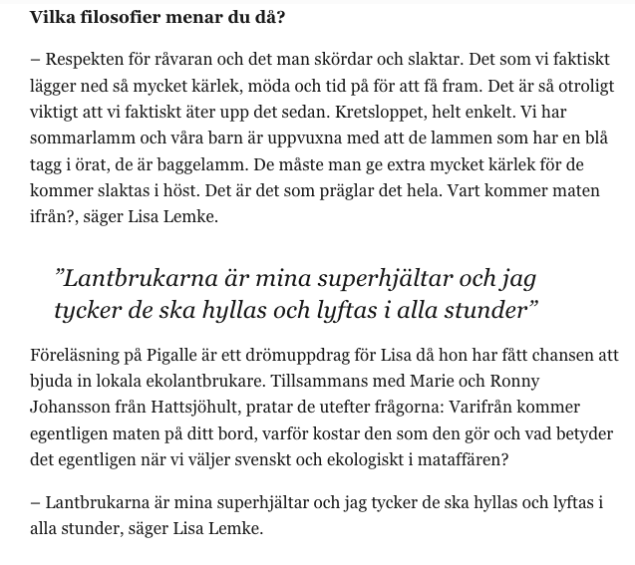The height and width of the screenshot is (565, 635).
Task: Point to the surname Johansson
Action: tap(72, 408)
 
